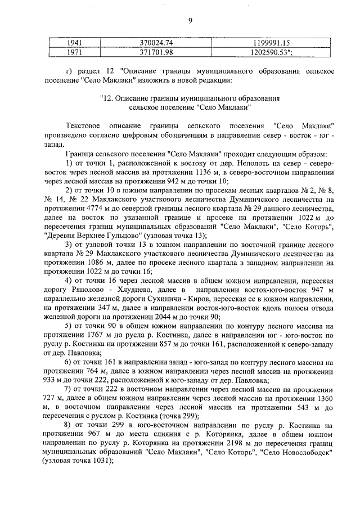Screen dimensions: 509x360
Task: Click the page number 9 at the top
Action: pos(190,21)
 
